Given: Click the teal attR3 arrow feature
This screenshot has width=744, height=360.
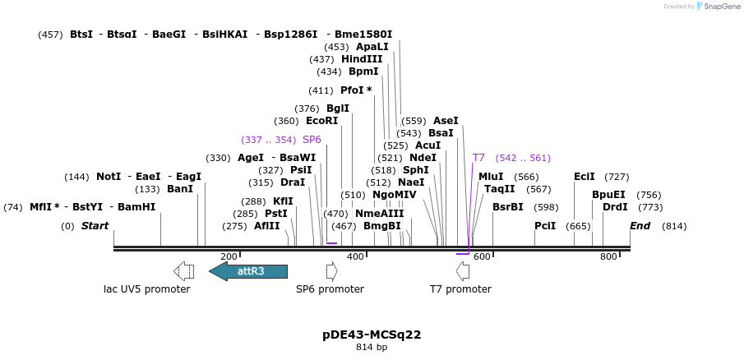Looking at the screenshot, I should tap(248, 271).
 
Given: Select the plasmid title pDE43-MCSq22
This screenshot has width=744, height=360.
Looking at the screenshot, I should tap(372, 335).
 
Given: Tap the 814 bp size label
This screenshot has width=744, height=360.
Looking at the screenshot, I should tap(372, 348).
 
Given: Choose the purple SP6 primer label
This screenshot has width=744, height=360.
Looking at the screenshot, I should tap(312, 140).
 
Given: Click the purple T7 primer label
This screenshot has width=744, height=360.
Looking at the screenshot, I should tap(478, 158).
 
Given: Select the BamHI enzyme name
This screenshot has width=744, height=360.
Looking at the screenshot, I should tap(136, 207).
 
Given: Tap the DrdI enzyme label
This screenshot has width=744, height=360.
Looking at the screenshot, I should tap(615, 207).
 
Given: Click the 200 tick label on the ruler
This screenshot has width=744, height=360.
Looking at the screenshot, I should tap(229, 257).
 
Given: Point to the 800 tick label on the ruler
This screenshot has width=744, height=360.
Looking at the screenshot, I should tap(608, 257).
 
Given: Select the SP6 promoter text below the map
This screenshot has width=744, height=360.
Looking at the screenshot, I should tap(330, 289).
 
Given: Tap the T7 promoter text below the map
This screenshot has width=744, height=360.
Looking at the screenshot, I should tap(460, 289).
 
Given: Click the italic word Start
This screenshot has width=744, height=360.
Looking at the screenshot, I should tap(95, 226).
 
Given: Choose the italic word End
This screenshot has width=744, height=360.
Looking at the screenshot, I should tap(640, 226).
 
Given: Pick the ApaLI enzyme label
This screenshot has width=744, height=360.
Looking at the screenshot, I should tap(372, 47).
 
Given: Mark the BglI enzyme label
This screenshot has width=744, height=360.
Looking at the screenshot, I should tap(338, 108).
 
